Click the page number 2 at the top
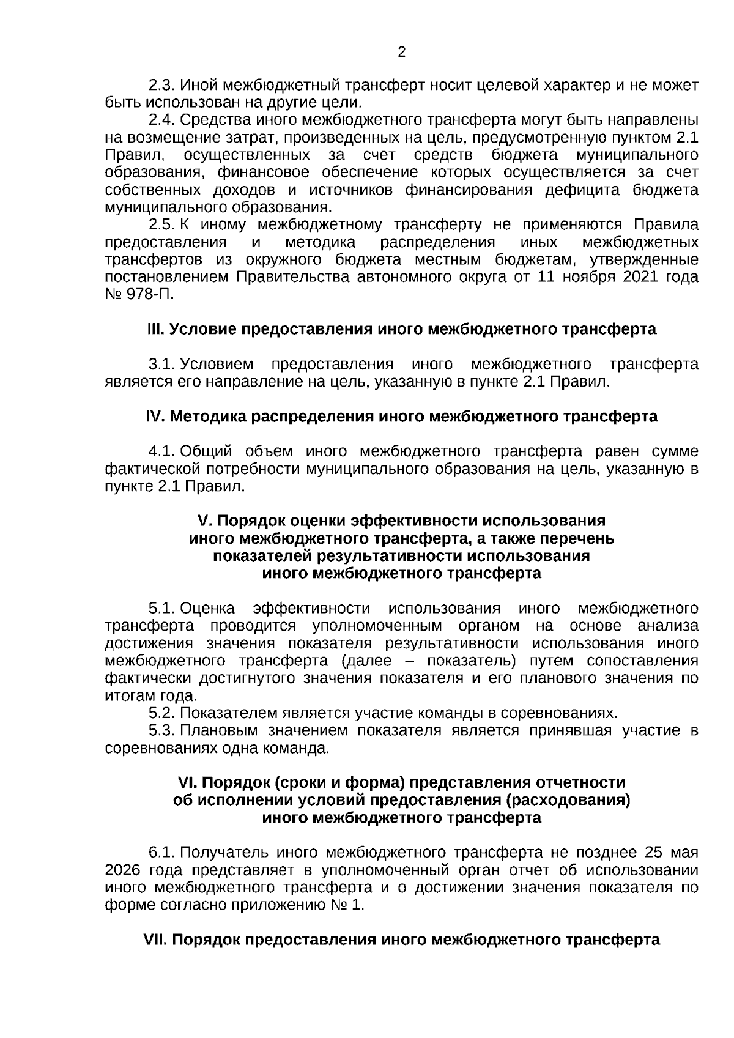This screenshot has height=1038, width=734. coord(401,52)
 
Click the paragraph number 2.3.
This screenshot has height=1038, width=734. coord(161,85)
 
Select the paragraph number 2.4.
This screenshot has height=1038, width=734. coord(161,119)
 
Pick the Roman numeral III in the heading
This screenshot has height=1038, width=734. coord(155,329)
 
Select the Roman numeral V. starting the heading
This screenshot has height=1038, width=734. coord(204,521)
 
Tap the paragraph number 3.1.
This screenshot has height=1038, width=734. coord(161,365)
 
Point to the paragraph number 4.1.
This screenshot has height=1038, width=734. coord(161,451)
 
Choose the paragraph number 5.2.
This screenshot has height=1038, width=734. coord(161,713)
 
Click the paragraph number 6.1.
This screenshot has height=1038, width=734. coord(161,853)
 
